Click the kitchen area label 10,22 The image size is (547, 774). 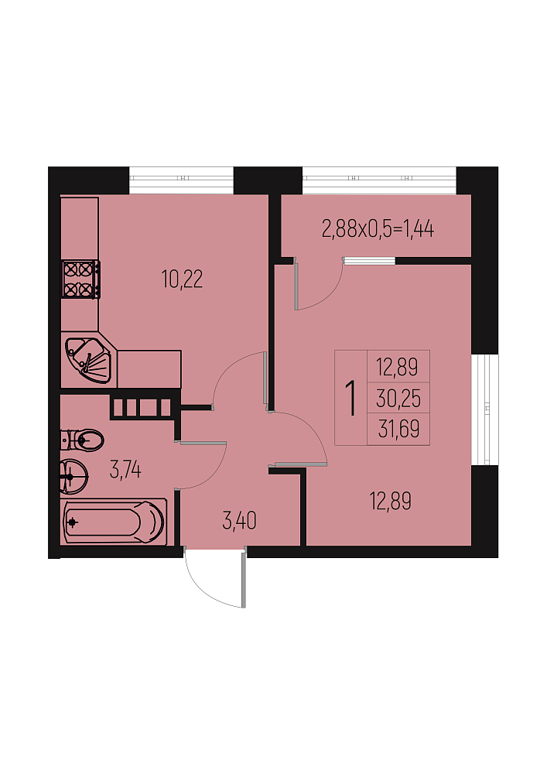182,279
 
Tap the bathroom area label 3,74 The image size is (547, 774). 125,470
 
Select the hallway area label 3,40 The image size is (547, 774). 239,521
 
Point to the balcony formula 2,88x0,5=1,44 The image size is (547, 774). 378,229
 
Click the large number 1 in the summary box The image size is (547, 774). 350,399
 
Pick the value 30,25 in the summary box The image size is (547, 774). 398,399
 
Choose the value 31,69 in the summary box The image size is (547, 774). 398,429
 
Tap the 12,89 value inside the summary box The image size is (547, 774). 397,367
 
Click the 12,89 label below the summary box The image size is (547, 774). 391,501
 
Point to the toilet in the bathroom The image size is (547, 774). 82,440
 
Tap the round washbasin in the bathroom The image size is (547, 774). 74,476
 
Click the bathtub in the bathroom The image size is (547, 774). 114,521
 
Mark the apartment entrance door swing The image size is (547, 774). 215,577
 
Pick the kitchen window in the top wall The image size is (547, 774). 181,180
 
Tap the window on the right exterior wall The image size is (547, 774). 485,409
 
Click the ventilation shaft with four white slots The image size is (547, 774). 142,408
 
